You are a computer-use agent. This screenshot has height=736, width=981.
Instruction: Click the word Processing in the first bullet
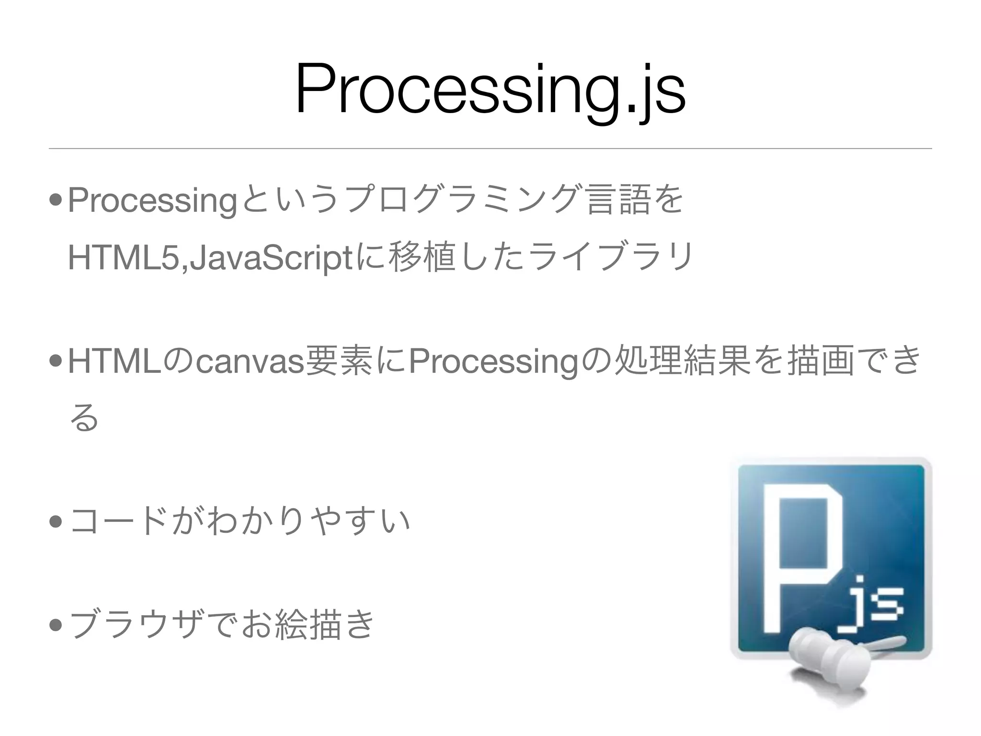(152, 201)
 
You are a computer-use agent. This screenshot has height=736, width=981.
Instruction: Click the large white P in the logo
(800, 556)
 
